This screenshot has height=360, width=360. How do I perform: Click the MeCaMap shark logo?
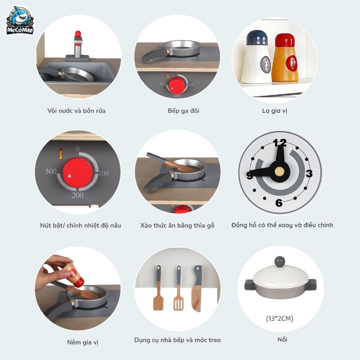pyautogui.click(x=20, y=21)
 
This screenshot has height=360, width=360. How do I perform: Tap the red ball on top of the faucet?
pyautogui.click(x=78, y=34)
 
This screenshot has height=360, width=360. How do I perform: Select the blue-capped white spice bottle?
pyautogui.click(x=256, y=57)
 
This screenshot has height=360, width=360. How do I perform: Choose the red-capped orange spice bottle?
pyautogui.click(x=285, y=58)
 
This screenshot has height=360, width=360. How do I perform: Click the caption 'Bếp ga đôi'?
pyautogui.click(x=183, y=111)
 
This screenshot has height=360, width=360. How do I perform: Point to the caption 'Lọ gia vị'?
pyautogui.click(x=274, y=111)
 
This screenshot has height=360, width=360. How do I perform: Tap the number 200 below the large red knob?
pyautogui.click(x=77, y=195)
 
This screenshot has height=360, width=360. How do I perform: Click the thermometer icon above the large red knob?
pyautogui.click(x=61, y=154)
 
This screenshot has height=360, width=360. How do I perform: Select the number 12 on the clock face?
pyautogui.click(x=280, y=143)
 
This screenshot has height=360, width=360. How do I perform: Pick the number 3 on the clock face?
pyautogui.click(x=309, y=173)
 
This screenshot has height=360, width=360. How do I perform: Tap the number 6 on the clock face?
pyautogui.click(x=279, y=203)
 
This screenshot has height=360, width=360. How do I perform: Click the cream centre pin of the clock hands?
pyautogui.click(x=280, y=171)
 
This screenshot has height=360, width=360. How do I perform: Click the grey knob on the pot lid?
pyautogui.click(x=280, y=262)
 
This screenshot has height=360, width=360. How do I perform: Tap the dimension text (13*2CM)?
pyautogui.click(x=280, y=318)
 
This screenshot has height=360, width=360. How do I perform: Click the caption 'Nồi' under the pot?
pyautogui.click(x=282, y=339)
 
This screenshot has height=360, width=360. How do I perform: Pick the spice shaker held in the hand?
pyautogui.click(x=74, y=275)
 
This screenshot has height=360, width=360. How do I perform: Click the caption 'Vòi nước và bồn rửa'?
pyautogui.click(x=76, y=111)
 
